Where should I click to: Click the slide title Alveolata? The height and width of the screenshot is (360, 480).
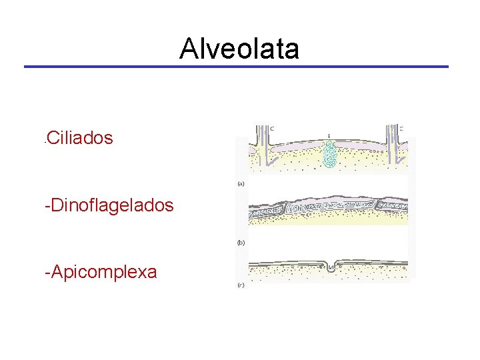(x=239, y=49)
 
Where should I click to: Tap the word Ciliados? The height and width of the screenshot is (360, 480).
(x=79, y=138)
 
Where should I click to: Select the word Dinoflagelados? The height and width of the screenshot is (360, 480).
(x=111, y=205)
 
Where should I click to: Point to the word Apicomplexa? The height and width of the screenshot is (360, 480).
(x=103, y=271)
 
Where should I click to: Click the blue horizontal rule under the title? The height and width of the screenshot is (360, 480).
(x=236, y=67)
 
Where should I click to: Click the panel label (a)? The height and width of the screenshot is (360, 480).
(x=241, y=183)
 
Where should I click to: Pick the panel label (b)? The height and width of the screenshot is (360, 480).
(x=241, y=243)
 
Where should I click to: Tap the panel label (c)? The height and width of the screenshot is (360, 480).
(x=241, y=285)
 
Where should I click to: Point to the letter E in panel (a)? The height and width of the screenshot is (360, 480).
(x=329, y=136)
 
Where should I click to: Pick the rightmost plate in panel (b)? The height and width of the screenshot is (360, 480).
(x=399, y=209)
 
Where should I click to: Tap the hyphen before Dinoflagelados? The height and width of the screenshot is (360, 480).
(x=47, y=205)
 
